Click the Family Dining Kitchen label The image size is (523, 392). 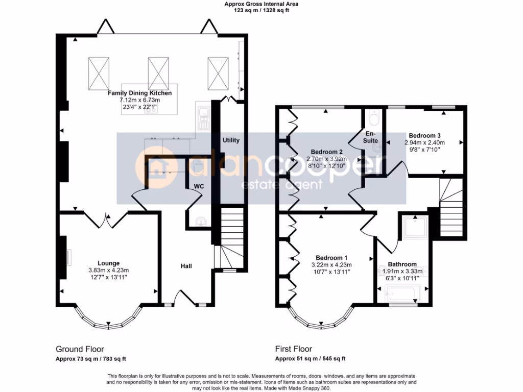(140, 93)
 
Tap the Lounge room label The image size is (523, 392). (108, 263)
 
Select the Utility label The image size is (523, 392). (231, 140)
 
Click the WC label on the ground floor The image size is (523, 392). (199, 186)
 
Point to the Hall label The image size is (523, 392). (186, 266)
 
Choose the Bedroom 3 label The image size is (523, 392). (424, 136)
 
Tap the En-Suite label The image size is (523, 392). (371, 137)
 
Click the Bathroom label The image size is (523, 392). (402, 264)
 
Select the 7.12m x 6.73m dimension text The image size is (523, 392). (140, 100)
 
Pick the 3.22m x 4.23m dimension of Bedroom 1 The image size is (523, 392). (331, 265)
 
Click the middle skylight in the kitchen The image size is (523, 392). (158, 73)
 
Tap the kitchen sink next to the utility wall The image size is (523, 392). (203, 118)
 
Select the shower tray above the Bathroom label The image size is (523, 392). (415, 227)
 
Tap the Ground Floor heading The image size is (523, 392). (80, 349)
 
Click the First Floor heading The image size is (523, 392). (294, 349)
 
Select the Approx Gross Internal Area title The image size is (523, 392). (261, 4)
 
